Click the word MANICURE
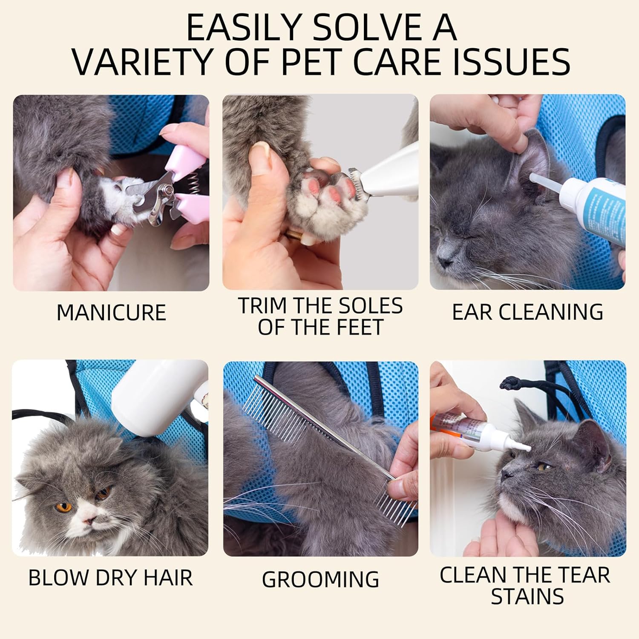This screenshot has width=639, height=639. pos(111,312)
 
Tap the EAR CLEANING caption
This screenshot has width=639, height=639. pos(527,312)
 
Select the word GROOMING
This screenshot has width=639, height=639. pos(320,579)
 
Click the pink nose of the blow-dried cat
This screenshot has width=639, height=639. pos(89,521)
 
